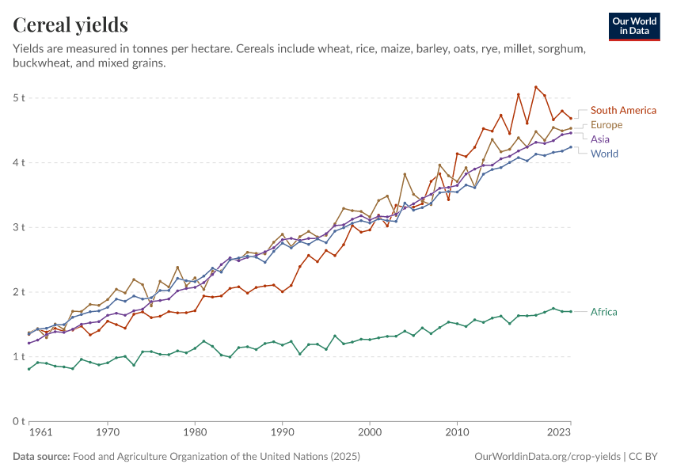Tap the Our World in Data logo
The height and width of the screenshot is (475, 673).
point(634,26)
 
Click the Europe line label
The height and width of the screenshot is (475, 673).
point(606,124)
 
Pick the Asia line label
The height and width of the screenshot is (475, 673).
point(600,139)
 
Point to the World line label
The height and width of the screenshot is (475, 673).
point(604,154)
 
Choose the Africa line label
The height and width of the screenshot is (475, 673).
point(604,312)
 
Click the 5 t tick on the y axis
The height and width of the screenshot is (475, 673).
point(19,97)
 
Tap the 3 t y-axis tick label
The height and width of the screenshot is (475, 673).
point(19,227)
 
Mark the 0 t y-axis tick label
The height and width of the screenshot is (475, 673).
point(19,421)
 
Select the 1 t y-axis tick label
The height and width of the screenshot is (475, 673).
point(19,357)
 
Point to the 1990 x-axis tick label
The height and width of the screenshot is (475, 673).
point(282,433)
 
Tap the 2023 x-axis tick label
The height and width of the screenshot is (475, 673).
point(558,433)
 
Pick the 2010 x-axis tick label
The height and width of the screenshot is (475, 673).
point(456,433)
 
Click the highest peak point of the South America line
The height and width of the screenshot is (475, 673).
point(536,87)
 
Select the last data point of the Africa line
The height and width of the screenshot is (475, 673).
point(571,311)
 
